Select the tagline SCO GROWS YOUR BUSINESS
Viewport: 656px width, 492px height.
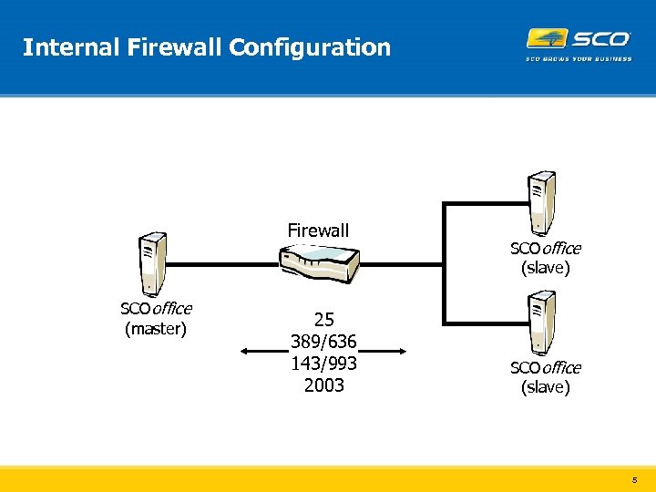pyautogui.click(x=578, y=60)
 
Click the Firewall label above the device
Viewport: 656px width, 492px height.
pyautogui.click(x=318, y=231)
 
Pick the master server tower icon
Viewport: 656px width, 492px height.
pyautogui.click(x=151, y=261)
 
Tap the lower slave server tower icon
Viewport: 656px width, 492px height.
pyautogui.click(x=542, y=321)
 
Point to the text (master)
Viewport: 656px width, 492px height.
pyautogui.click(x=156, y=329)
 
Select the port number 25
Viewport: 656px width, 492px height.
pyautogui.click(x=324, y=320)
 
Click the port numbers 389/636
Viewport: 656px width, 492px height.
pyautogui.click(x=323, y=342)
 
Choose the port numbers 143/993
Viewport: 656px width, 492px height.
pyautogui.click(x=323, y=364)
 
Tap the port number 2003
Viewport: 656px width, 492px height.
pyautogui.click(x=324, y=385)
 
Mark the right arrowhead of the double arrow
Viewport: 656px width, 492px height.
pyautogui.click(x=400, y=351)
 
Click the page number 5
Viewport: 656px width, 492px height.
pyautogui.click(x=634, y=478)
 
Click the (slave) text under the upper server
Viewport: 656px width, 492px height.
pyautogui.click(x=545, y=268)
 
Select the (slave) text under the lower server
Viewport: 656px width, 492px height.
pyautogui.click(x=545, y=387)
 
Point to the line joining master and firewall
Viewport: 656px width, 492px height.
pyautogui.click(x=223, y=263)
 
